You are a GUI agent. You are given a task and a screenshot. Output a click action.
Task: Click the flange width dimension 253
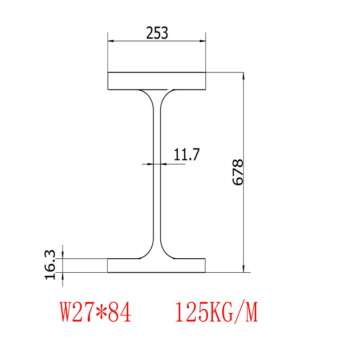[157, 33]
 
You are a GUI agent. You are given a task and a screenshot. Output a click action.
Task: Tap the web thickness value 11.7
[187, 154]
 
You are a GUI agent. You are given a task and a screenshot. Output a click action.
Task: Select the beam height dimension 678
[238, 172]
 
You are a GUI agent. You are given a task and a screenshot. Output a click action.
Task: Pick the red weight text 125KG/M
[216, 312]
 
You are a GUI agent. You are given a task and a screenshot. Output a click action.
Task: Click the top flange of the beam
[157, 81]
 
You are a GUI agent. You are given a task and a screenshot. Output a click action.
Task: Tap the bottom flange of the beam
[157, 266]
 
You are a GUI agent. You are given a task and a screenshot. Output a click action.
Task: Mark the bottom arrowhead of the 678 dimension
[243, 269]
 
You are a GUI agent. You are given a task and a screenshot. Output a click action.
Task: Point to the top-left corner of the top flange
[108, 72]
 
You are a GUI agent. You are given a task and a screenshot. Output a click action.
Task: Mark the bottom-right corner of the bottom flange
[206, 273]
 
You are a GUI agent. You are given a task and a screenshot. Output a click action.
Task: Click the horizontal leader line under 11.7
[173, 164]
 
